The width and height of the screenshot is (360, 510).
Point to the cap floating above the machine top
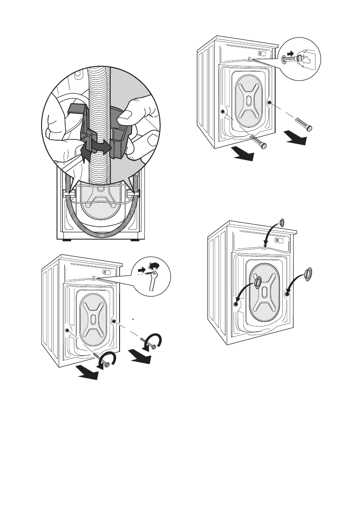(282, 222)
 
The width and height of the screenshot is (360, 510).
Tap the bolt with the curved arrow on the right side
(147, 343)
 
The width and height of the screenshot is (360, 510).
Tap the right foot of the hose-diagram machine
(135, 240)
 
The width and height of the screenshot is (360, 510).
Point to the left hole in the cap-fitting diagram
(236, 303)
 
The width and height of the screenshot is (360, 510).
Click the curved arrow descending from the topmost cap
(271, 234)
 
